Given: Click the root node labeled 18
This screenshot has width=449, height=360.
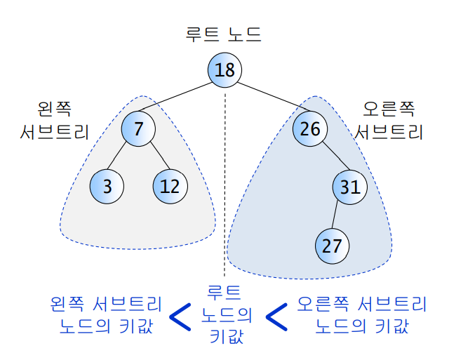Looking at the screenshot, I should [x=224, y=69].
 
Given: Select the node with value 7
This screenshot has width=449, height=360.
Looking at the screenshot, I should [x=138, y=128].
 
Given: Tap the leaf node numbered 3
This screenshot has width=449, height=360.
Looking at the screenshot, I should [x=107, y=187].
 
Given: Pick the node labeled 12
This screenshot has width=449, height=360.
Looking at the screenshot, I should [x=170, y=187].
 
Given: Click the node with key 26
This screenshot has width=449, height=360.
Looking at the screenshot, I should [x=310, y=128].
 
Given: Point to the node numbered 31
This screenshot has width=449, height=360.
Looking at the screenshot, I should [x=349, y=187].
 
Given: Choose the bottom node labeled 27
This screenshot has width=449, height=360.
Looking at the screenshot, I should [x=332, y=246].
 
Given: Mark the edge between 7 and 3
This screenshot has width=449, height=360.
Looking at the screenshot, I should [x=123, y=157].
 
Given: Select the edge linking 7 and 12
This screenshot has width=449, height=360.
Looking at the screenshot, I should [x=154, y=157].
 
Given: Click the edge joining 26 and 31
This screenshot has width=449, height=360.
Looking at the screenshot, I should [x=330, y=157].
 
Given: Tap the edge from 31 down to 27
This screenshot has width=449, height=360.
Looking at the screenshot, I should [x=340, y=216].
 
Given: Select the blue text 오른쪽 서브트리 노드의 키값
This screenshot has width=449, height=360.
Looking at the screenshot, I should [x=361, y=315].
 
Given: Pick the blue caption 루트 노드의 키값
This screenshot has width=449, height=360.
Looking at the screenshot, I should [x=226, y=314].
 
